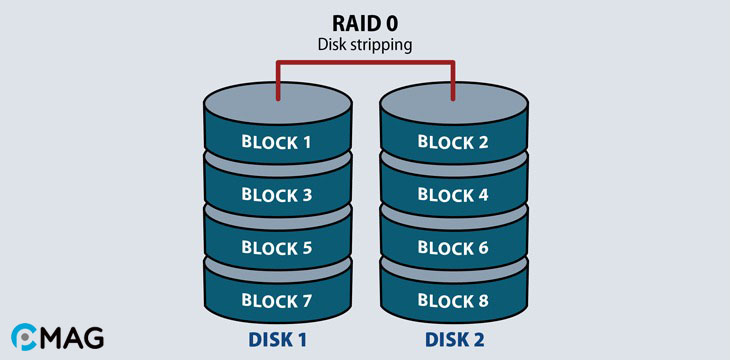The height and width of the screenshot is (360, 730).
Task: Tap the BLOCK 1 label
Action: click(277, 142)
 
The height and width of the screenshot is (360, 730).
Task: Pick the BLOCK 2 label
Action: click(454, 142)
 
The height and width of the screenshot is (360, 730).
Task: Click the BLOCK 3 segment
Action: click(277, 194)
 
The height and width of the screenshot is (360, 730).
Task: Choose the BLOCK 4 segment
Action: click(454, 194)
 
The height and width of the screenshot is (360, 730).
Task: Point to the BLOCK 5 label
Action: click(277, 246)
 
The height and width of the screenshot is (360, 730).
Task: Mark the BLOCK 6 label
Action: click(454, 246)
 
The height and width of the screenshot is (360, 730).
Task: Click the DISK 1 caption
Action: click(277, 340)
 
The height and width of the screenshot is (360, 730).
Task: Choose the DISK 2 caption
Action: click(454, 340)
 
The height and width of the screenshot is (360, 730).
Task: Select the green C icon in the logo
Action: click(23, 338)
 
